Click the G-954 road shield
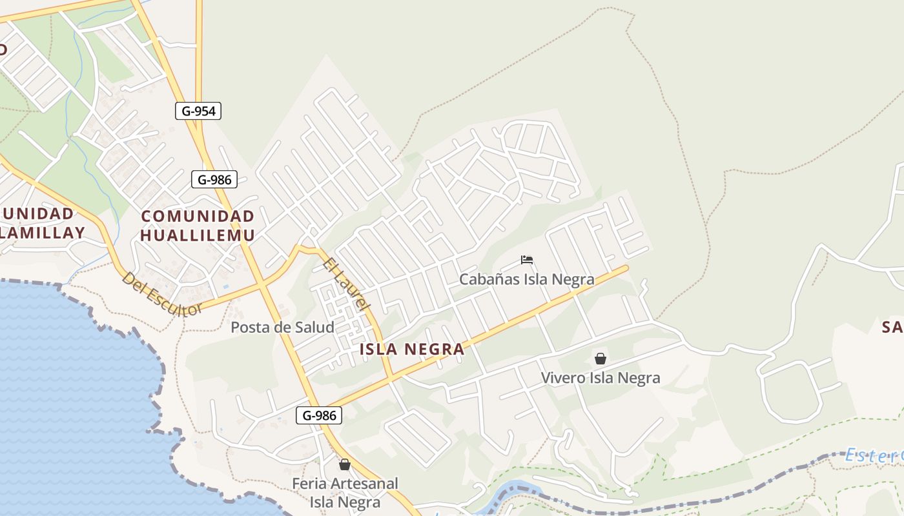pyautogui.click(x=198, y=111)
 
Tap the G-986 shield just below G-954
pyautogui.click(x=214, y=179)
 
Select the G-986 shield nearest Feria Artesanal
pyautogui.click(x=319, y=415)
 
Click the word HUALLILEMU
pyautogui.click(x=198, y=235)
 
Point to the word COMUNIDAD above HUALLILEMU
pyautogui.click(x=198, y=216)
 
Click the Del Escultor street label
pyautogui.click(x=162, y=294)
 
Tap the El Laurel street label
pyautogui.click(x=345, y=284)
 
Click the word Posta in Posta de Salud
pyautogui.click(x=250, y=327)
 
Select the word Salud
pyautogui.click(x=313, y=327)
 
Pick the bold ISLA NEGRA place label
pyautogui.click(x=411, y=350)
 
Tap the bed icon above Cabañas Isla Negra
pyautogui.click(x=527, y=261)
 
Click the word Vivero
pyautogui.click(x=562, y=378)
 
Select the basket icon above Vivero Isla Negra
pyautogui.click(x=601, y=359)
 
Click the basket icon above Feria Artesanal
pyautogui.click(x=345, y=464)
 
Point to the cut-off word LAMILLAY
pyautogui.click(x=43, y=233)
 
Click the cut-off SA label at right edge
pyautogui.click(x=892, y=328)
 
